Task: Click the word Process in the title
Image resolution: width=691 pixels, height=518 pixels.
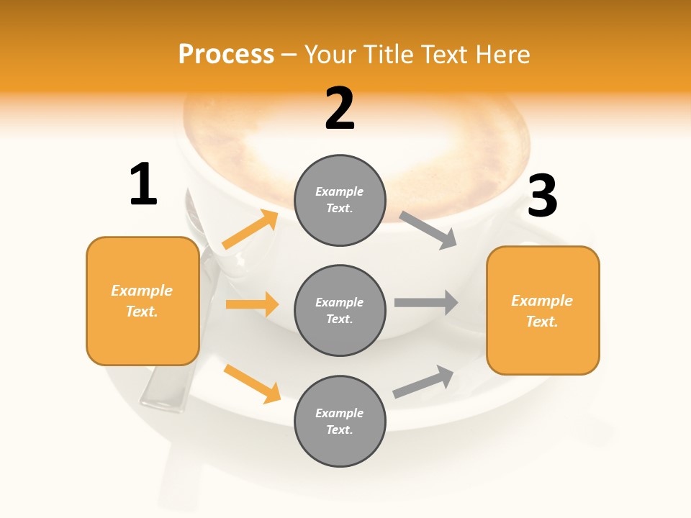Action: click(x=226, y=55)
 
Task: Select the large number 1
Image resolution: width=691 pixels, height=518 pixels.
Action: click(x=143, y=184)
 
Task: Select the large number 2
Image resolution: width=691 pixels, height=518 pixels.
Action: click(x=340, y=109)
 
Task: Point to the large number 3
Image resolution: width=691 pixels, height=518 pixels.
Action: click(x=542, y=196)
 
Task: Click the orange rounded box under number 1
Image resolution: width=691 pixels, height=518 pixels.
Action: click(x=143, y=301)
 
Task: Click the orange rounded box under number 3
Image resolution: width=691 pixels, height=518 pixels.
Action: click(x=543, y=311)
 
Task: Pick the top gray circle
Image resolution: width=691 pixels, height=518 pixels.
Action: click(x=340, y=200)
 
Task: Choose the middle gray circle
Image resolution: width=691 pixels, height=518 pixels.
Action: click(x=340, y=310)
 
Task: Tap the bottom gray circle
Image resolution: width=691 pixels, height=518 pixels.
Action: click(x=340, y=421)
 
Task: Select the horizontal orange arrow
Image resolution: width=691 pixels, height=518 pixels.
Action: click(x=252, y=304)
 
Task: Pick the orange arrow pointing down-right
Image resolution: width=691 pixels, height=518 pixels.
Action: click(x=252, y=383)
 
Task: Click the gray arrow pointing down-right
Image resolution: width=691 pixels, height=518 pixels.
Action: click(x=428, y=230)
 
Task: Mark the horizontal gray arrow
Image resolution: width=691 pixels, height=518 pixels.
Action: click(x=426, y=302)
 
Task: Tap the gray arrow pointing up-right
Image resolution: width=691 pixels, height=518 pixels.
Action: click(x=423, y=381)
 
